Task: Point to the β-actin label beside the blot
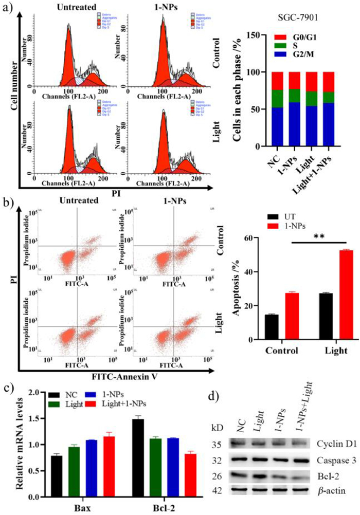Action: coord(327,490)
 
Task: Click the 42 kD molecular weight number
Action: coord(218,490)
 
